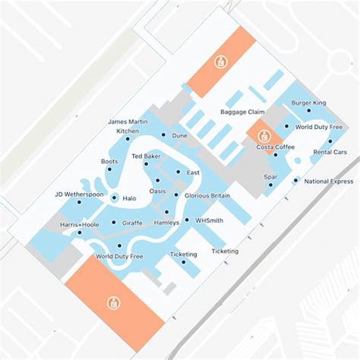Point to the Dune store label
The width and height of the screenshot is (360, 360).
coord(179,135)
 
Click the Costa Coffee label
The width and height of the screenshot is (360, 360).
coord(275,147)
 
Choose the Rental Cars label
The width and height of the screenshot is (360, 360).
coord(331,153)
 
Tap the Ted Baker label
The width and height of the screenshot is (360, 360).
coord(146,156)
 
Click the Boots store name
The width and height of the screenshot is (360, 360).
coord(109,162)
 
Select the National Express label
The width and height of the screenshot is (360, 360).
coord(328,182)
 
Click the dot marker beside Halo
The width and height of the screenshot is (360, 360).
coord(114,197)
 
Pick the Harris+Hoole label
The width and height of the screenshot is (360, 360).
coord(78,224)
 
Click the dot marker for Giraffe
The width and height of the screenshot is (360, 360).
coord(114,223)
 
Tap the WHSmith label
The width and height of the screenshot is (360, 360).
coord(209,220)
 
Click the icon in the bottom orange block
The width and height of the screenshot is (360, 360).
coord(114,303)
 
